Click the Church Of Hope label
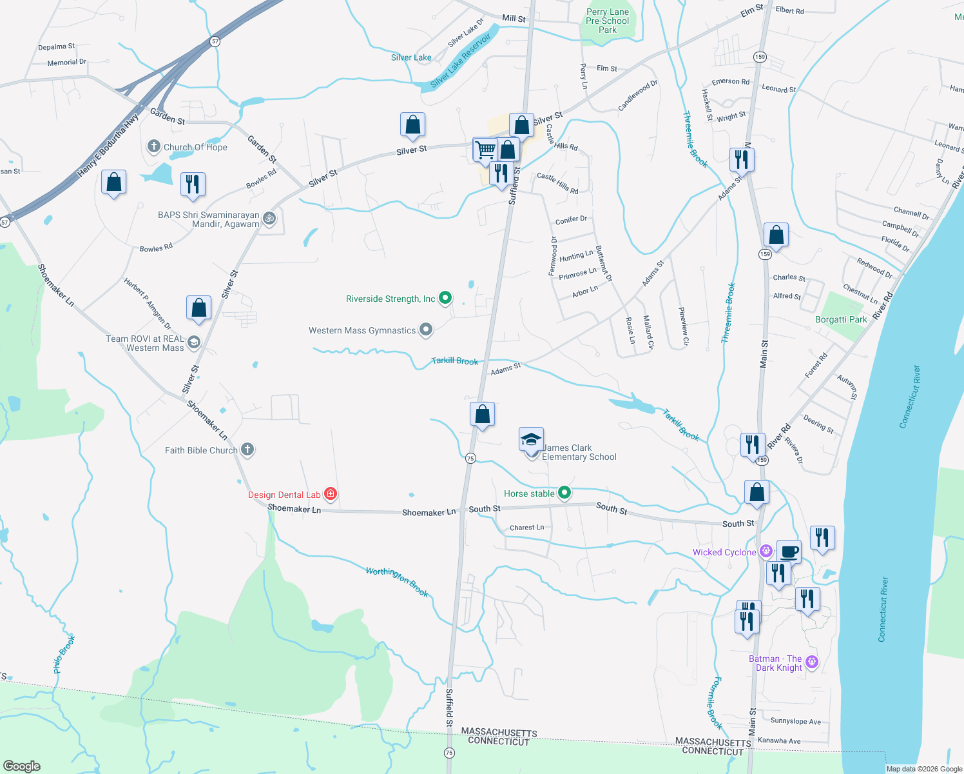pyautogui.click(x=195, y=147)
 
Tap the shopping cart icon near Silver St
pyautogui.click(x=485, y=150)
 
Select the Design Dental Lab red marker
pyautogui.click(x=331, y=495)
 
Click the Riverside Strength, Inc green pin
pyautogui.click(x=445, y=298)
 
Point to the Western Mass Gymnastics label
pyautogui.click(x=362, y=330)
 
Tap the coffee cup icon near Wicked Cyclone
pyautogui.click(x=789, y=551)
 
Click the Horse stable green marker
pyautogui.click(x=564, y=493)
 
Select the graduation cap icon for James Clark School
pyautogui.click(x=531, y=439)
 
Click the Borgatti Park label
pyautogui.click(x=841, y=319)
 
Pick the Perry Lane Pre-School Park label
pyautogui.click(x=607, y=21)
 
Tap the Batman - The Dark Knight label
pyautogui.click(x=776, y=663)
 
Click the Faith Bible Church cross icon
pyautogui.click(x=247, y=450)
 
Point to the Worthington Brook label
pyautogui.click(x=397, y=581)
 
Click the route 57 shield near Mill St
pyautogui.click(x=215, y=41)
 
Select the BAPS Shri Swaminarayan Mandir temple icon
pyautogui.click(x=270, y=218)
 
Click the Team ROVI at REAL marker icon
pyautogui.click(x=194, y=342)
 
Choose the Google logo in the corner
pyautogui.click(x=21, y=766)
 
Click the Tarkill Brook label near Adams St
pyautogui.click(x=455, y=361)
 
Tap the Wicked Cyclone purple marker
pyautogui.click(x=766, y=551)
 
